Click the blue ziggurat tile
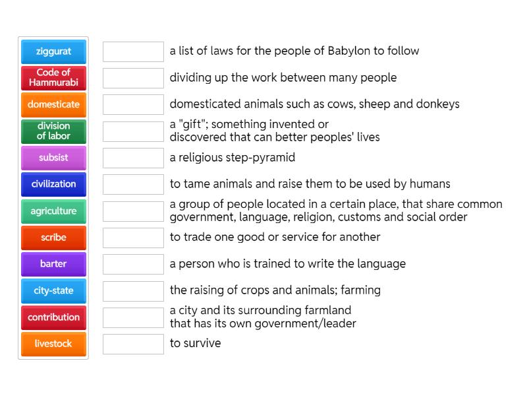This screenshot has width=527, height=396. tap(53, 51)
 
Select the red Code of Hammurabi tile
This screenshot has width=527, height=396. tap(53, 78)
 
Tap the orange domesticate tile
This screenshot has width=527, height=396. tap(53, 104)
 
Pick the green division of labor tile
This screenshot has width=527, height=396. tap(53, 131)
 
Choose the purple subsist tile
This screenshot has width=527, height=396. tap(53, 158)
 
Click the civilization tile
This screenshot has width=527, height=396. tap(53, 184)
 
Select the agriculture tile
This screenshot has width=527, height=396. tap(53, 211)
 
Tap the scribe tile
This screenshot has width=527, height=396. tap(53, 238)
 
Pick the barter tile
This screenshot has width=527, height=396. tap(53, 264)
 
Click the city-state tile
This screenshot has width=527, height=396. tap(53, 290)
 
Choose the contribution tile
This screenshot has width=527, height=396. tap(53, 317)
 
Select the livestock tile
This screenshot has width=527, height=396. tap(53, 344)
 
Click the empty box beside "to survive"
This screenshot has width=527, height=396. tap(133, 344)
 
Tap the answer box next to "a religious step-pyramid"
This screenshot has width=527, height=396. tap(133, 158)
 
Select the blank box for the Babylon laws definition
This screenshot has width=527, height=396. tap(133, 51)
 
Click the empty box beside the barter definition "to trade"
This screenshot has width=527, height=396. tap(133, 238)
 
